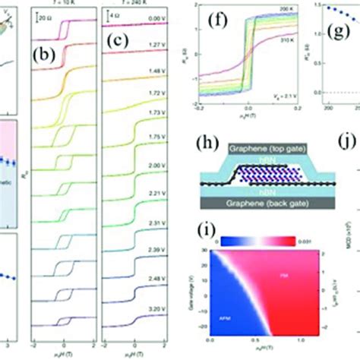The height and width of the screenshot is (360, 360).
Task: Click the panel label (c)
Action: click(122, 55)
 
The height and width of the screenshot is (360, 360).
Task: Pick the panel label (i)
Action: click(216, 226)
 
